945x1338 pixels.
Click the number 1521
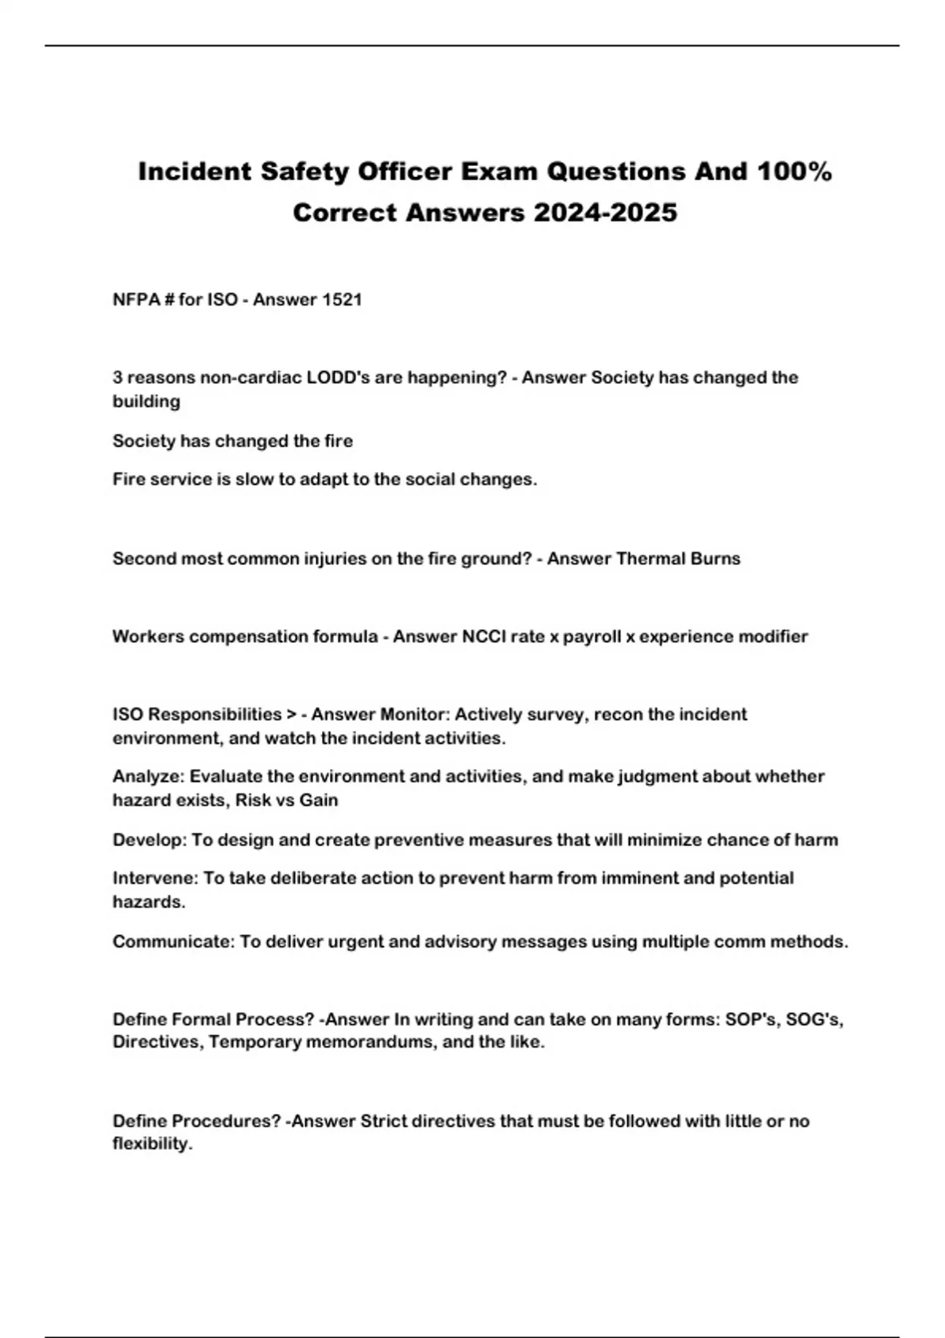tap(339, 300)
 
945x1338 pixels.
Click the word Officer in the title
tap(405, 172)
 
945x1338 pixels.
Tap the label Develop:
tap(150, 840)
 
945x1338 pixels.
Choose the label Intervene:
tap(155, 878)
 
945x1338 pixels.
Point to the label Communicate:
tap(173, 942)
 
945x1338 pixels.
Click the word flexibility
tap(151, 1144)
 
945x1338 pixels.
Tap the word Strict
tap(384, 1122)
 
